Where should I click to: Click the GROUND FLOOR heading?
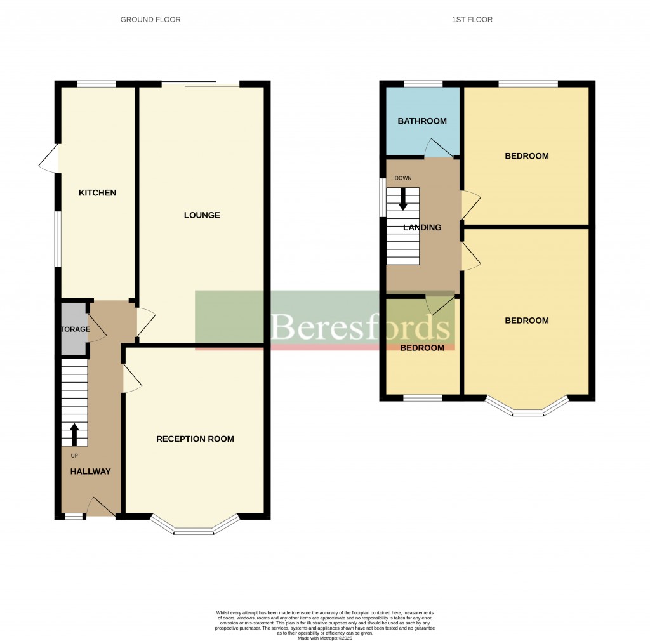(x=150, y=20)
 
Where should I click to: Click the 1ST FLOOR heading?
(x=472, y=20)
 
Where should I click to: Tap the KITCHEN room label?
(x=97, y=193)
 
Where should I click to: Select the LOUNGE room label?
(x=202, y=215)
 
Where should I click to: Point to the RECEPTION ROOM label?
(x=195, y=439)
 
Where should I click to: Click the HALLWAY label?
(x=90, y=472)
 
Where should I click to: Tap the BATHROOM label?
(x=422, y=121)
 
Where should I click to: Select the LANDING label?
(x=422, y=227)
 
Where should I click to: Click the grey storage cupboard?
(x=73, y=330)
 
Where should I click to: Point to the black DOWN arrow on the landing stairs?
(x=403, y=199)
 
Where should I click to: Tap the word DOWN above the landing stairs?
(x=403, y=178)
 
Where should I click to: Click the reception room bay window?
(x=195, y=525)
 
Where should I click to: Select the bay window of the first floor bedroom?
(x=527, y=409)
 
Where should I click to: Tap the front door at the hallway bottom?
(x=100, y=507)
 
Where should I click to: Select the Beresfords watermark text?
(x=362, y=327)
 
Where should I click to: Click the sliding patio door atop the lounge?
(x=199, y=83)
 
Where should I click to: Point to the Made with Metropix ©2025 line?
(x=325, y=638)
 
